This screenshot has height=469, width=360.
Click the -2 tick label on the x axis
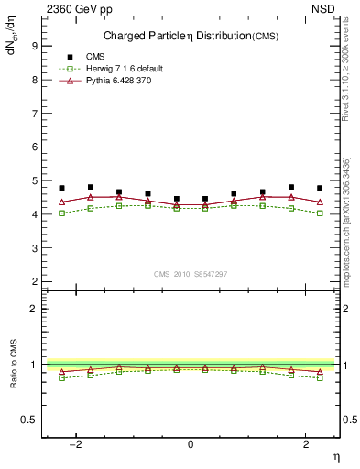pyautogui.click(x=77, y=444)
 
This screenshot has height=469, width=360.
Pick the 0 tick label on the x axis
pyautogui.click(x=191, y=444)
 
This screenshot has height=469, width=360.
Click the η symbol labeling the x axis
pyautogui.click(x=335, y=455)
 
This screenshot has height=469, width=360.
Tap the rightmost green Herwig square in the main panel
pyautogui.click(x=320, y=213)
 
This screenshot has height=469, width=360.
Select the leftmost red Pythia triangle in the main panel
pyautogui.click(x=62, y=202)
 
